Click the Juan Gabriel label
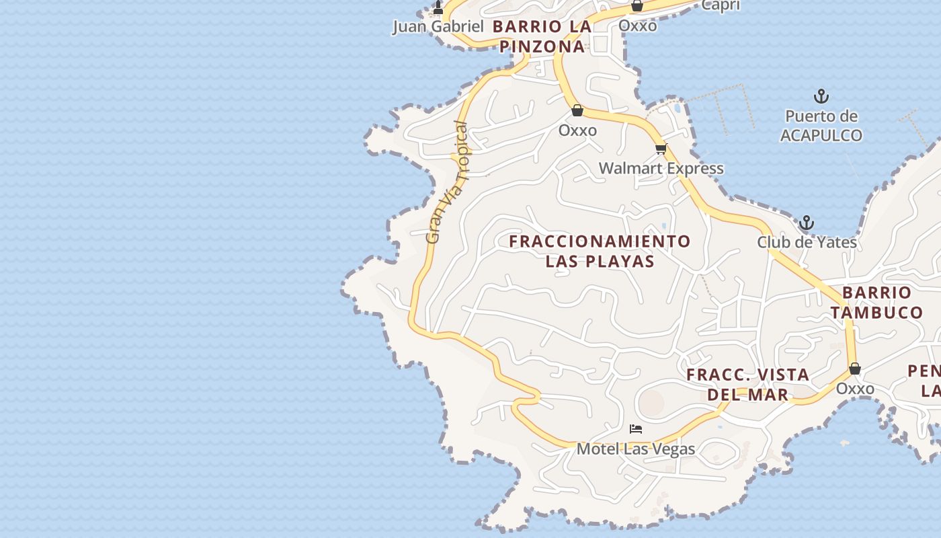438,27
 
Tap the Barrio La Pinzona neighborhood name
542,36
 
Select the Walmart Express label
661,168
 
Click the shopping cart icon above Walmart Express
661,149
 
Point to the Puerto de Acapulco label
821,126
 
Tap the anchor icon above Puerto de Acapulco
821,96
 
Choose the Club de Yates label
807,242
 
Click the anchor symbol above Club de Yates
806,223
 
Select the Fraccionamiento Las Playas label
600,251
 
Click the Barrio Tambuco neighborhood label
876,303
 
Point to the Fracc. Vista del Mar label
747,385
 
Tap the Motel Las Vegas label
636,449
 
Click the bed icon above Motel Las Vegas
636,429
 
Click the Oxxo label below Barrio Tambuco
855,389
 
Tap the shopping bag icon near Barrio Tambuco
855,369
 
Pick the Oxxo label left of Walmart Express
577,130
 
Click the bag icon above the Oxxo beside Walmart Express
577,110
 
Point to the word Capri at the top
721,5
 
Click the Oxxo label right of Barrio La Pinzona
637,26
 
